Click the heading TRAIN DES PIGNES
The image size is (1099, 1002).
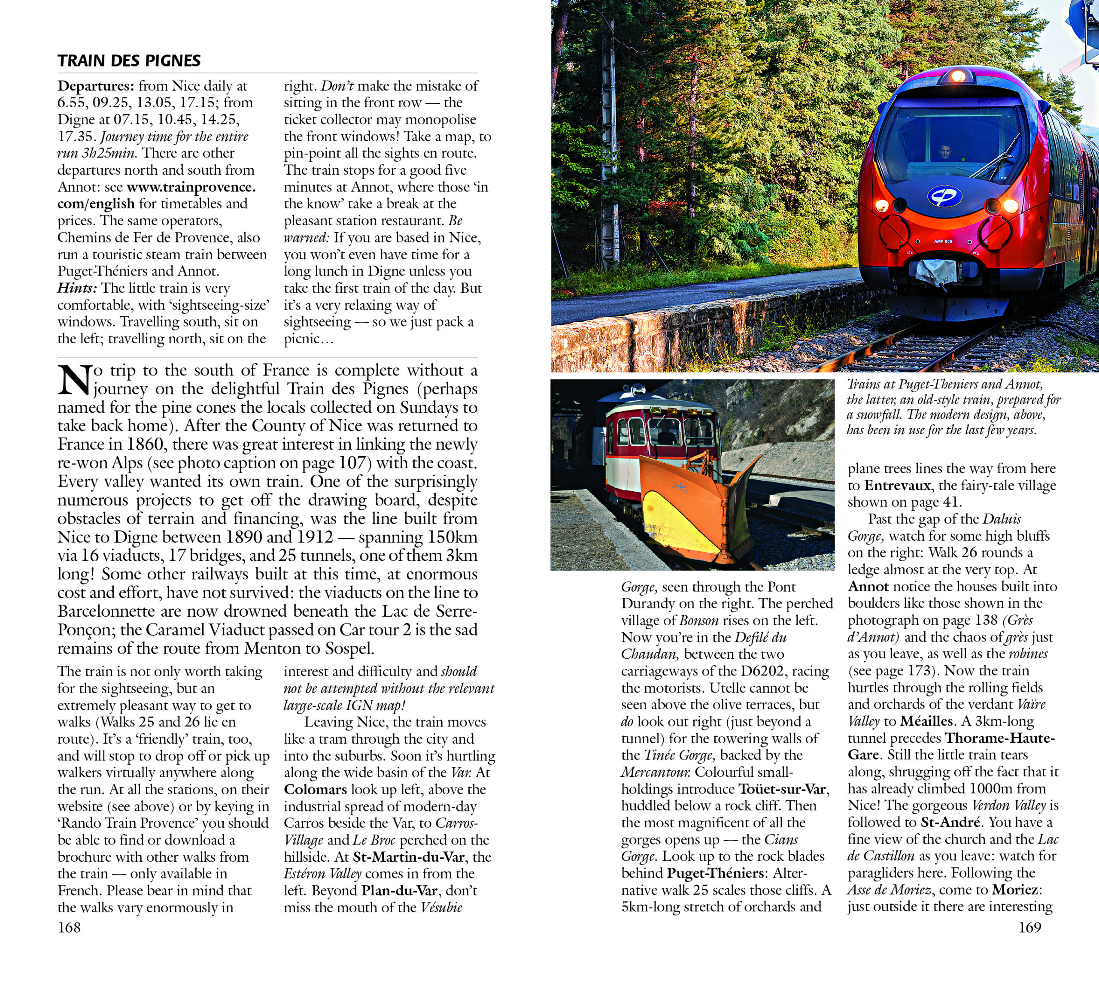[x=129, y=61]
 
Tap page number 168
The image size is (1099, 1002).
[x=69, y=927]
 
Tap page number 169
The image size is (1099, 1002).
[x=1030, y=927]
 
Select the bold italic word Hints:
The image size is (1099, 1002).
[x=77, y=288]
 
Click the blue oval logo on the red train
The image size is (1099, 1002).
[x=945, y=196]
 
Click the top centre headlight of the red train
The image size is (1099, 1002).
[x=957, y=76]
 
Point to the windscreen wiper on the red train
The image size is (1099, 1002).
[x=995, y=158]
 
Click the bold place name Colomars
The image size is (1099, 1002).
[x=315, y=790]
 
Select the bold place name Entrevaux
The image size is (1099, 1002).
[x=897, y=485]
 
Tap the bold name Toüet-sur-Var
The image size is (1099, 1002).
[x=783, y=789]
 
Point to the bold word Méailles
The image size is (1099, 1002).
[x=926, y=721]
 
